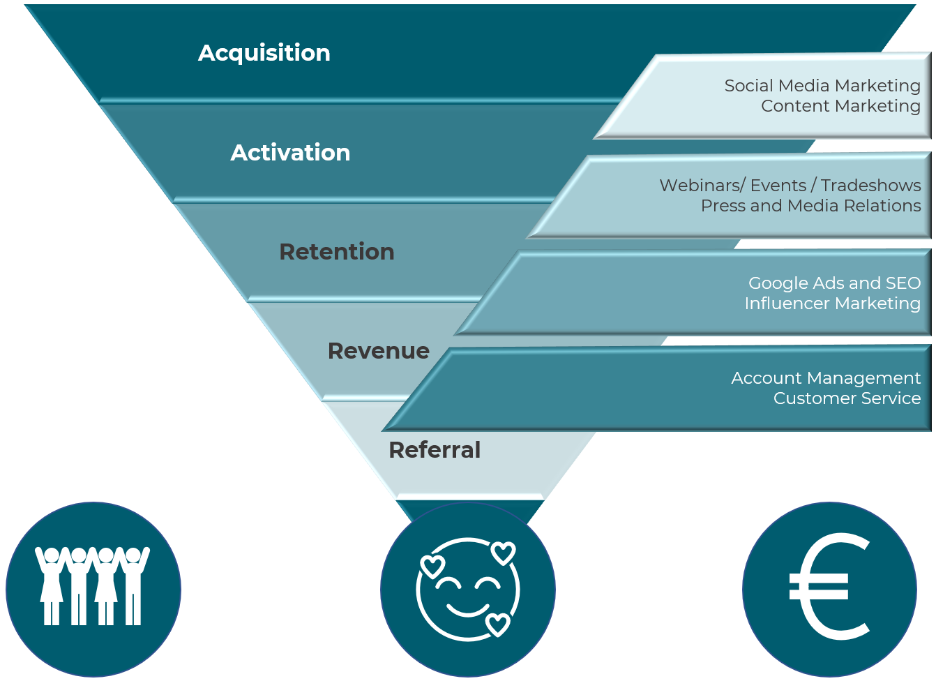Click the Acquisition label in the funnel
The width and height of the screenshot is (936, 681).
click(264, 53)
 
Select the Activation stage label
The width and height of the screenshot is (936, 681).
click(290, 153)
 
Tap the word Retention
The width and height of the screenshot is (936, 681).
click(336, 252)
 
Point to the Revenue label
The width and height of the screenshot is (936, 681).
click(378, 351)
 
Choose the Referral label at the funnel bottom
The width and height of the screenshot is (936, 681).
click(434, 450)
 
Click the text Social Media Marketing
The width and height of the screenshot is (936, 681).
click(822, 86)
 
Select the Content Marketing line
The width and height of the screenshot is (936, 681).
click(840, 106)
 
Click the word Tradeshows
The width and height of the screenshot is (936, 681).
click(870, 186)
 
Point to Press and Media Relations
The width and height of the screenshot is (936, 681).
click(810, 206)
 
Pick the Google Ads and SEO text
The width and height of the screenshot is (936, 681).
click(834, 283)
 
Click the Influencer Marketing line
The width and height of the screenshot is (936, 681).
click(832, 304)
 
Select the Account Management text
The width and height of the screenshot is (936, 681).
click(826, 378)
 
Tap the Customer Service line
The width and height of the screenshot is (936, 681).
click(847, 398)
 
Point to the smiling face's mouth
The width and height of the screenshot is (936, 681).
click(467, 610)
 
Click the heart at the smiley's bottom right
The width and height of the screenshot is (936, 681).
click(497, 624)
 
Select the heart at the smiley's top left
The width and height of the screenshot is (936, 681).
click(432, 565)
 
